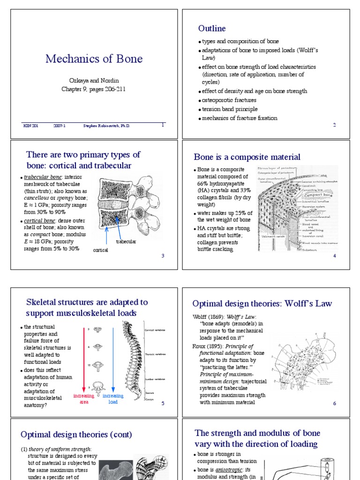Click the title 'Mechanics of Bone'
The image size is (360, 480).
pos(94,59)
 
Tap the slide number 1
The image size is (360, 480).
pos(163,125)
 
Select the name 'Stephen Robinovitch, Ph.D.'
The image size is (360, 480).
pos(106,126)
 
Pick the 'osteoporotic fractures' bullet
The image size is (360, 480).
pos(229,100)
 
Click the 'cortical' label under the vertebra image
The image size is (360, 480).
pos(101,250)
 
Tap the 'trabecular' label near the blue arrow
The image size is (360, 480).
pos(126,241)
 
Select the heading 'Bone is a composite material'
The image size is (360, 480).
pos(247,157)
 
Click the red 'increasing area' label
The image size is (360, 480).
pos(84,399)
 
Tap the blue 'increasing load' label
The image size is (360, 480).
pos(113,399)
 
